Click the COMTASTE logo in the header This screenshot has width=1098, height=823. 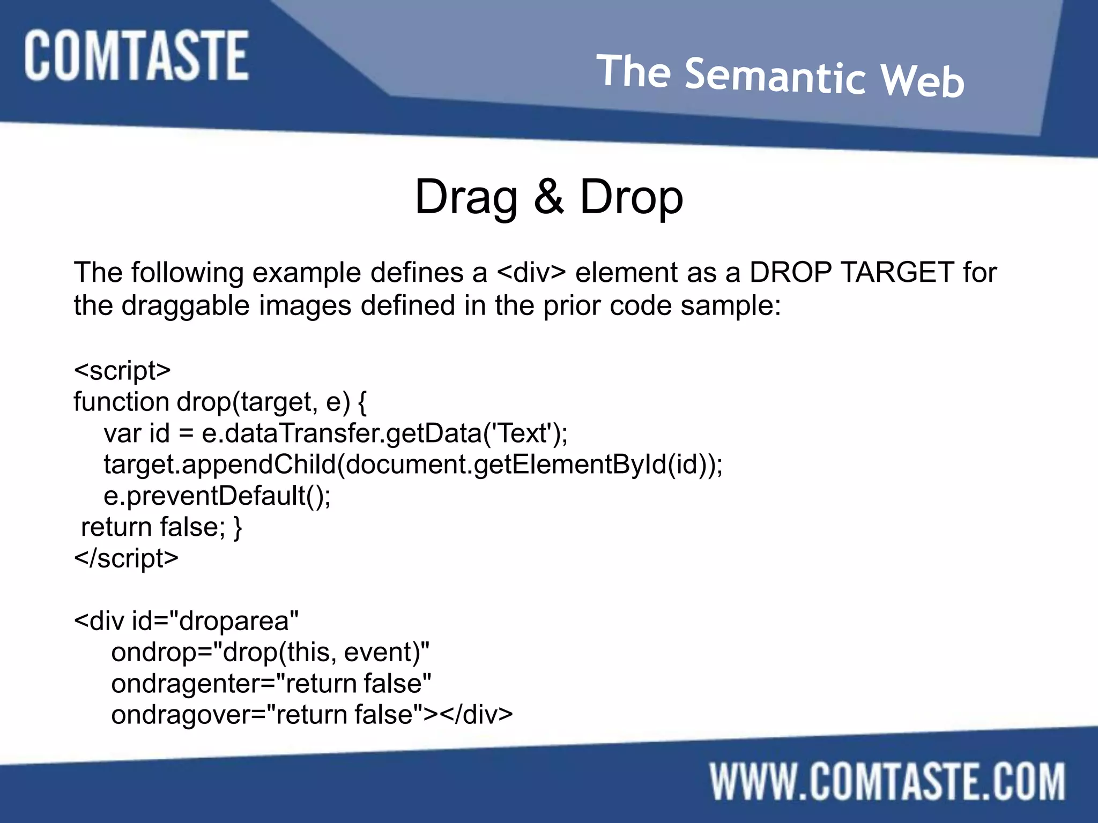coord(136,56)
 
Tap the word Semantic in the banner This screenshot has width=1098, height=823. coord(775,76)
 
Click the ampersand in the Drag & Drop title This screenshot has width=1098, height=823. coord(548,196)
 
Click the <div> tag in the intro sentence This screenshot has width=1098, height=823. coord(531,272)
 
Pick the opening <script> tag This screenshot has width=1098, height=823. coord(122,370)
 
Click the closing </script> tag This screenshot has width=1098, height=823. coord(126,558)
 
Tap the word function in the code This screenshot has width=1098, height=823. coord(121,401)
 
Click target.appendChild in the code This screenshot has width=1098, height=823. coord(220,464)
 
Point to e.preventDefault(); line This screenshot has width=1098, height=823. coord(217,496)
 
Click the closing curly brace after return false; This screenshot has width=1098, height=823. coord(238,527)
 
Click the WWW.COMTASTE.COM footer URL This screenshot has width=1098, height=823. coord(887,782)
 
